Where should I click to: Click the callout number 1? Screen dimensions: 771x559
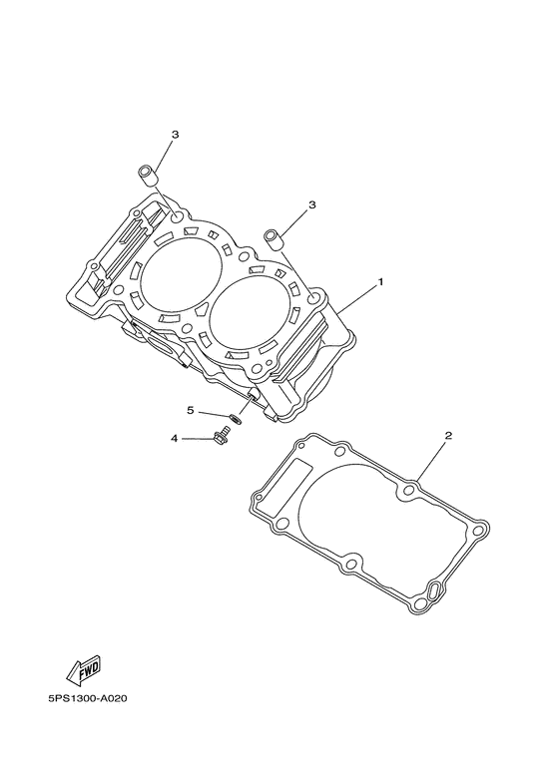(379, 283)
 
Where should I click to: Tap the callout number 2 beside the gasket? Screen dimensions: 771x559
(448, 436)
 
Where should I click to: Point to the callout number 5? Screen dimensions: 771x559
(190, 410)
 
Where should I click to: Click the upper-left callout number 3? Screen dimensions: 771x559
(175, 134)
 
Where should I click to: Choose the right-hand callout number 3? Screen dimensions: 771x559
(312, 204)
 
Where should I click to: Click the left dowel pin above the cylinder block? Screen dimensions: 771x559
(148, 177)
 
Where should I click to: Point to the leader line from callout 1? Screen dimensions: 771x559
(354, 298)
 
